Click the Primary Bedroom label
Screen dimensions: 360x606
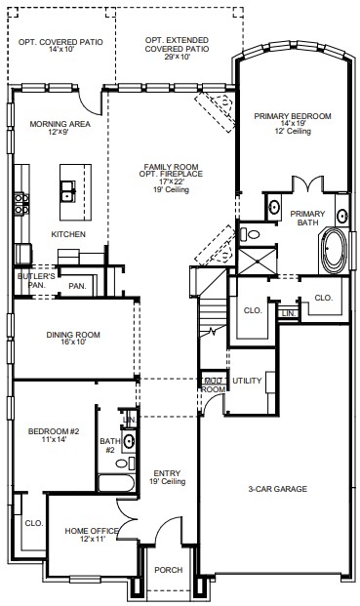293,116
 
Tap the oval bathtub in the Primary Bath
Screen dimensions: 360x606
334,250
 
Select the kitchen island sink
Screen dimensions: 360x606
68,191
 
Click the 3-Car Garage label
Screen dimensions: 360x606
277,489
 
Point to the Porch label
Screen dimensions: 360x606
169,570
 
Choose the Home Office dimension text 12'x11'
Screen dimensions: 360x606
91,539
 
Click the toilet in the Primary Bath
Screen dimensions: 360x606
250,234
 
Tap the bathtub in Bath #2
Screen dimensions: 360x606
116,483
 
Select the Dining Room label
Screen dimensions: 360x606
73,335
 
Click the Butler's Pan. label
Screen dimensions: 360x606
36,281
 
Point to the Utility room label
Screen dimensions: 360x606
247,381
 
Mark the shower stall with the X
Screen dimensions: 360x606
258,262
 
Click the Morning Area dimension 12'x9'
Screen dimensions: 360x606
60,132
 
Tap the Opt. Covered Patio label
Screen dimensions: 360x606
60,42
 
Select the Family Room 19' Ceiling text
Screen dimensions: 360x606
171,189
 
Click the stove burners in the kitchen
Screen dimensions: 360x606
21,204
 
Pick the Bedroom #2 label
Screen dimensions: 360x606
54,431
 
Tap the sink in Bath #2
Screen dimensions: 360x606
129,441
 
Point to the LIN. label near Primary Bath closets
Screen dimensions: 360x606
289,314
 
